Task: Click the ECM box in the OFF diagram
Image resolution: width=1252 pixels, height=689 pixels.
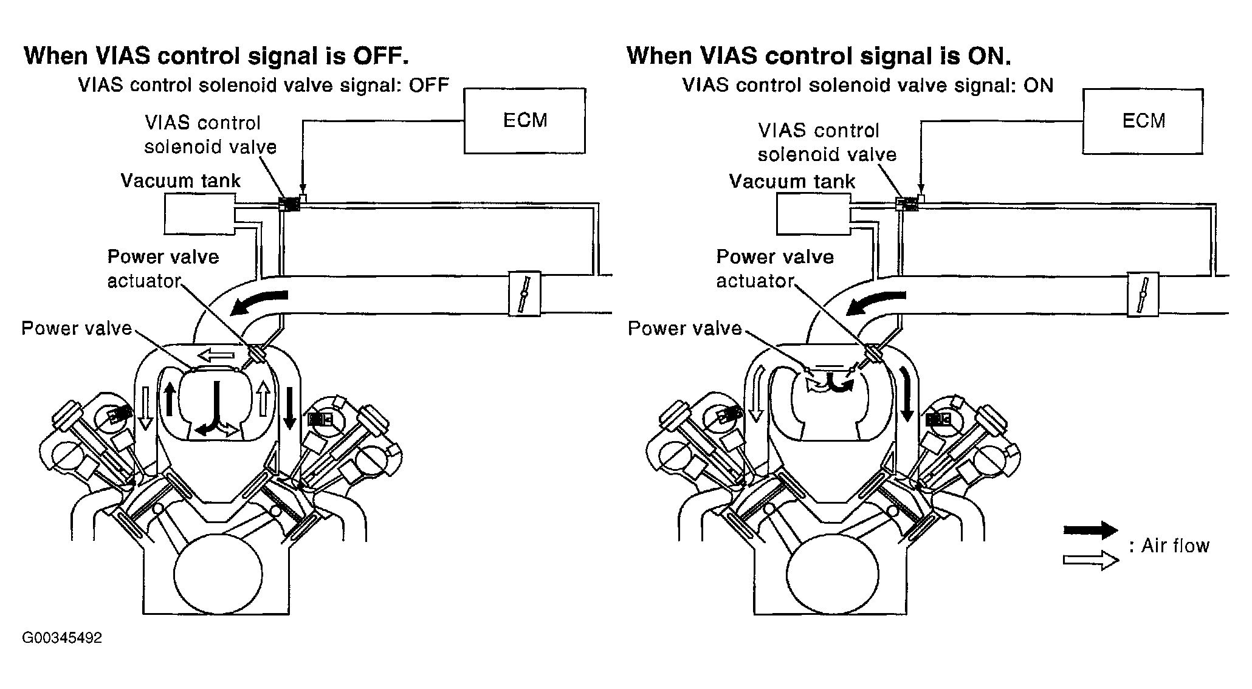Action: (525, 120)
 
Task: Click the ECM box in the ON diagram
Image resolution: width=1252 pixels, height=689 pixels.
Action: (1143, 120)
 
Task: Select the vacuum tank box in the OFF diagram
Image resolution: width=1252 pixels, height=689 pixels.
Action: (199, 214)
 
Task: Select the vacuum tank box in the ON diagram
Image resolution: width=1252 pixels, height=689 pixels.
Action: (812, 214)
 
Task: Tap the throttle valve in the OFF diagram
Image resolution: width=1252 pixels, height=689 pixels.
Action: (524, 293)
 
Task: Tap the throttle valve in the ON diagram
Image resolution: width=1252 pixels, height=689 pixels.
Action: (1143, 294)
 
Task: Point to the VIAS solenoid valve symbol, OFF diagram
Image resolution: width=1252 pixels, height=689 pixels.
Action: (290, 204)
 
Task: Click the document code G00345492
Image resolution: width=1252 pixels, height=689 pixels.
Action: (62, 638)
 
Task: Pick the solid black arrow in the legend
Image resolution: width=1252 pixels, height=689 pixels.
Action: (1090, 530)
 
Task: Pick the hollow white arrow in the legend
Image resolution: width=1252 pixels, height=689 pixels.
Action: (1090, 560)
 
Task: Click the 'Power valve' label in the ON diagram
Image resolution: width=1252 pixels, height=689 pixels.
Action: (684, 329)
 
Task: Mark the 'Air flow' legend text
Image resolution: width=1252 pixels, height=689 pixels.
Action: (1175, 546)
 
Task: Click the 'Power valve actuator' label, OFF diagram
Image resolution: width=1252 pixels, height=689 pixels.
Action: (163, 269)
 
